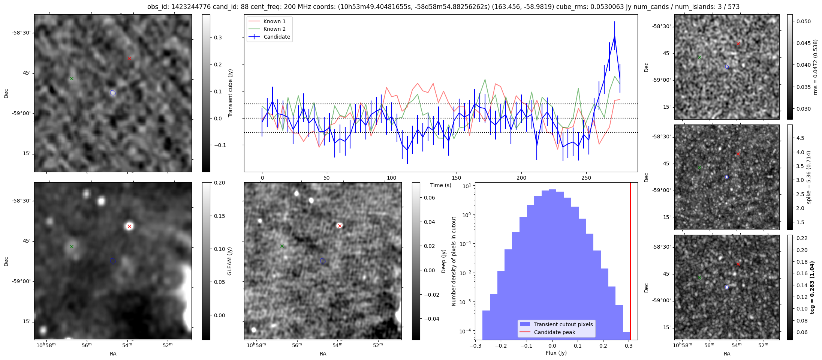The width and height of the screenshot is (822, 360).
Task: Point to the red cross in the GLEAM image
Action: [x=129, y=226]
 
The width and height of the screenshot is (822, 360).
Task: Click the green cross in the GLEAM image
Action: [x=72, y=246]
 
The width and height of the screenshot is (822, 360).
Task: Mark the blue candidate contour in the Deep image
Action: [x=323, y=261]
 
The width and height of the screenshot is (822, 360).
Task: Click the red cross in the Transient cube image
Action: [x=129, y=58]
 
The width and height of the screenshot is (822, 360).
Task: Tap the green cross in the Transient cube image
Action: [x=72, y=78]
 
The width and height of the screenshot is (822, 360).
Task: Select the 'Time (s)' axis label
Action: [x=440, y=185]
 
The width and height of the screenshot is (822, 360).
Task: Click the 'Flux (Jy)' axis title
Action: [x=556, y=353]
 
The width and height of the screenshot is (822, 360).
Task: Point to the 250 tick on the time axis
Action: [x=586, y=178]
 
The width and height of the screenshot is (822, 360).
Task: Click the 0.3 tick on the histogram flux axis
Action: [x=629, y=346]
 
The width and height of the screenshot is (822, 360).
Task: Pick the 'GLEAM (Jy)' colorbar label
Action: [x=229, y=261]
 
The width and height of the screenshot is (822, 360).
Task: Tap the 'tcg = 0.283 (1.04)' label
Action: [x=812, y=287]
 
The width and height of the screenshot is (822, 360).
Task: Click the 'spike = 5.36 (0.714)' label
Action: [x=809, y=177]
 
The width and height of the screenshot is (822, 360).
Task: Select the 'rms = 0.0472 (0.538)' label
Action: [x=815, y=67]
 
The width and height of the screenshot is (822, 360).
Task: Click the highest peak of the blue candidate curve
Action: [x=615, y=36]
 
